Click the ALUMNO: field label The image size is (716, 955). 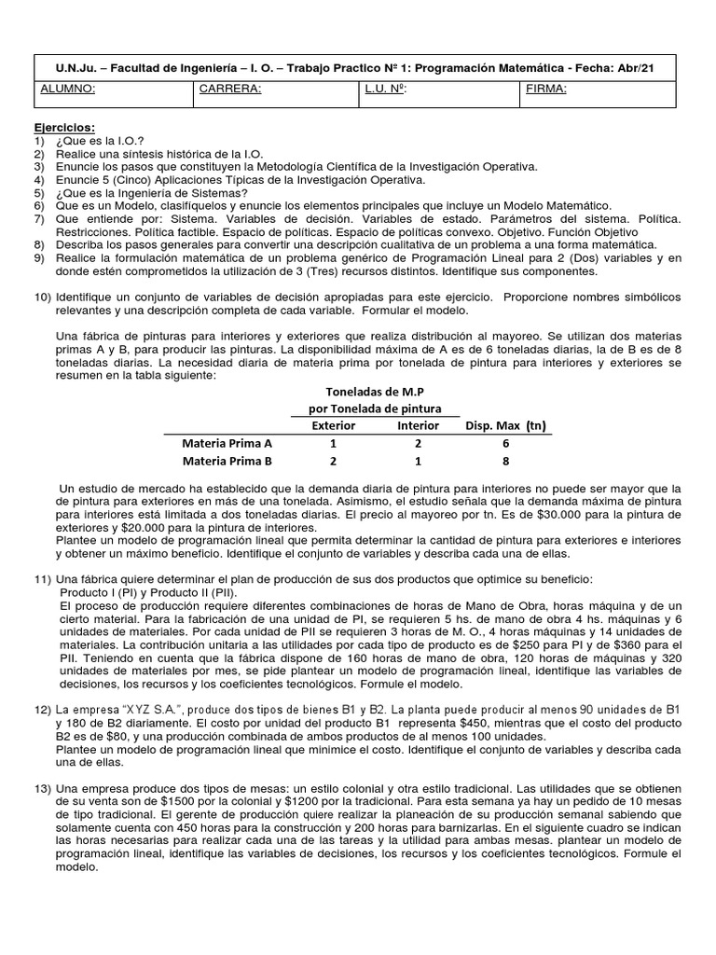coord(68,90)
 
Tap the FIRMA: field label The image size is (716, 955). coord(545,90)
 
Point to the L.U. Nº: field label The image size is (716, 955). coord(386,90)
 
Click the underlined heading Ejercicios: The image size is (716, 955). coord(64,128)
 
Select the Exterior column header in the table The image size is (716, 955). coord(333,425)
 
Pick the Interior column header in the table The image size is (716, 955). coord(418,425)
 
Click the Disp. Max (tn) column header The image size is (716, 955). coord(505,425)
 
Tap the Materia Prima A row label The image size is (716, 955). coord(227,443)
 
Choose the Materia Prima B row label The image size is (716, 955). coord(227,461)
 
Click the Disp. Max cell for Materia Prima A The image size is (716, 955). coord(505,443)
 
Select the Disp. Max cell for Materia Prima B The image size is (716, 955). coord(505,461)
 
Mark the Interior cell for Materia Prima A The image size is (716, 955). coord(418,443)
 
